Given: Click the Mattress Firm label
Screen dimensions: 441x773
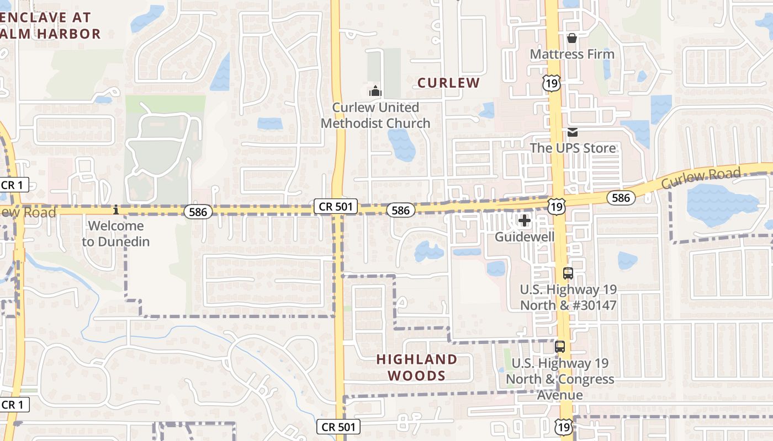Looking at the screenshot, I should pos(572,54).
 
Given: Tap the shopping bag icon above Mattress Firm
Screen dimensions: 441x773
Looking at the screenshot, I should pos(572,38).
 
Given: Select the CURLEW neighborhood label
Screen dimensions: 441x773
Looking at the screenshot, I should pos(448,83).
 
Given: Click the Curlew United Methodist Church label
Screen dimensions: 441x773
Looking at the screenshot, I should pos(375,115).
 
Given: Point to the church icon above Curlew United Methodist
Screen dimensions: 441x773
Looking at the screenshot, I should pos(375,90).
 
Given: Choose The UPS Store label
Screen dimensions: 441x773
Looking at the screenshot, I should pos(573,148).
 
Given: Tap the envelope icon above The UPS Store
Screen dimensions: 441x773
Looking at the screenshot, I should pos(572,132).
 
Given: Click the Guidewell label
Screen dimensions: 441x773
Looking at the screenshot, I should pos(524,236).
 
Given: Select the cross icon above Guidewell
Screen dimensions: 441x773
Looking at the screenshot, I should pos(524,221).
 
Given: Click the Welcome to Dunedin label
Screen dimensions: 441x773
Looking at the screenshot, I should pos(116,233).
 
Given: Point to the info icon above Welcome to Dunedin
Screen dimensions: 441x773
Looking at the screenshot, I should pos(116,210).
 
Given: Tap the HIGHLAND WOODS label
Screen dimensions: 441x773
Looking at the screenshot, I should pos(417,368).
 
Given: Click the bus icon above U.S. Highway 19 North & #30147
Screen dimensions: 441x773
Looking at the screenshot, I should pos(568,273).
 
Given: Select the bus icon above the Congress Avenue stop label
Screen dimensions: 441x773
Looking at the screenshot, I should pos(560,347).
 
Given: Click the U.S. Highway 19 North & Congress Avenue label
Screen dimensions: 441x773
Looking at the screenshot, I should pos(560,379).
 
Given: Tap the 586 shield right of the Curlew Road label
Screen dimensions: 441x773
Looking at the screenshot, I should pos(621,197).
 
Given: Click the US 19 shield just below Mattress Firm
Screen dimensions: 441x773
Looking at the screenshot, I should pos(552,83).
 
